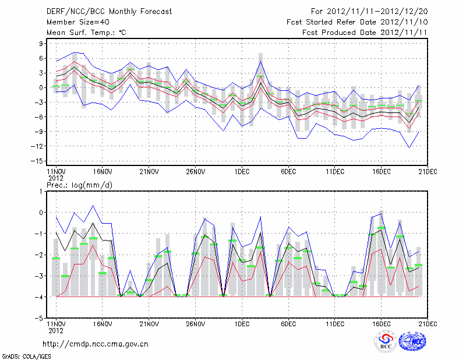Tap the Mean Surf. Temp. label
[86, 33]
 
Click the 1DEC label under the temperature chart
[242, 172]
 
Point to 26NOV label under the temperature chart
[196, 172]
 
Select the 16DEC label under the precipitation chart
[381, 323]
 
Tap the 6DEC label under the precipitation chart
[288, 323]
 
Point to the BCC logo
[386, 342]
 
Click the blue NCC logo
[412, 343]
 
